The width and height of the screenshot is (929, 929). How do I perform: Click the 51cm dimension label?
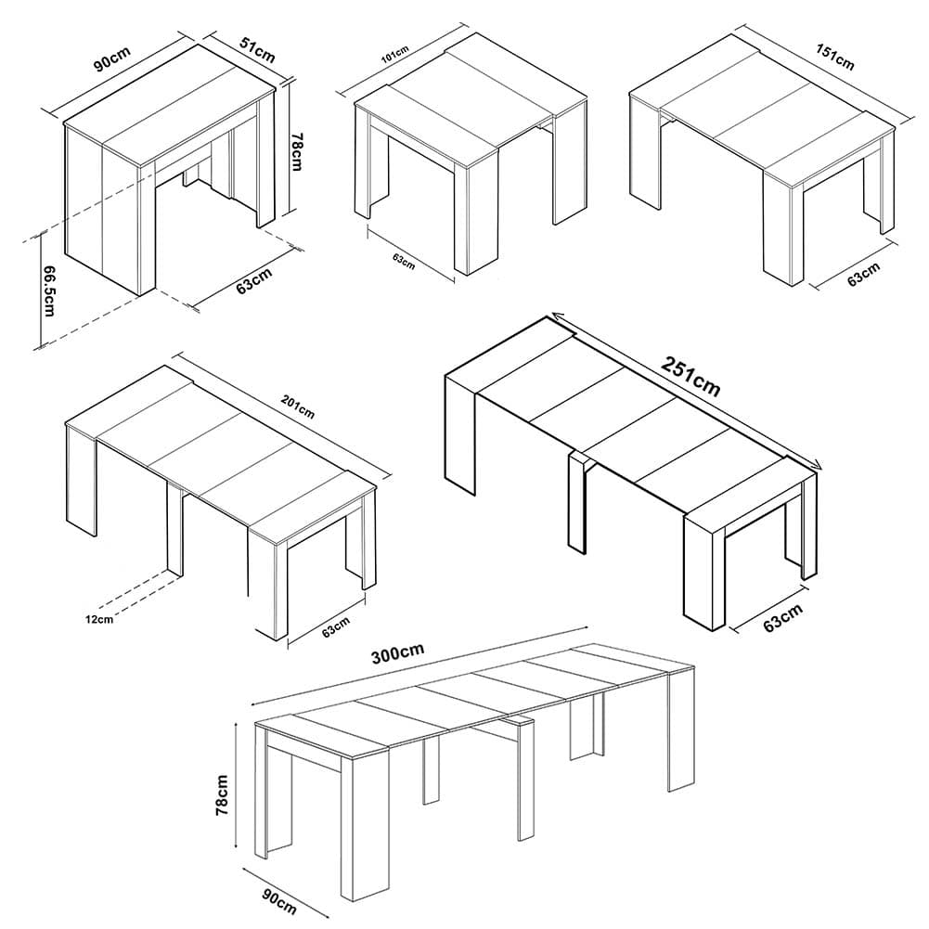pyautogui.click(x=258, y=50)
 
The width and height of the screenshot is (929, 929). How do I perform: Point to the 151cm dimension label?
pyautogui.click(x=835, y=57)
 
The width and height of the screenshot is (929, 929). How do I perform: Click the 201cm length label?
pyautogui.click(x=297, y=407)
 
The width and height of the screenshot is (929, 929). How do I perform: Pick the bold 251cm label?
pyautogui.click(x=690, y=377)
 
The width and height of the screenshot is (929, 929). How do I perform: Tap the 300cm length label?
pyautogui.click(x=397, y=654)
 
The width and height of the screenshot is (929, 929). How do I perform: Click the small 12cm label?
pyautogui.click(x=99, y=620)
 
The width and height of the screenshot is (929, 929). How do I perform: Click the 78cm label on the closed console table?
pyautogui.click(x=296, y=151)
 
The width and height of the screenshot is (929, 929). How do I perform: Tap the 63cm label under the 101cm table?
pyautogui.click(x=404, y=262)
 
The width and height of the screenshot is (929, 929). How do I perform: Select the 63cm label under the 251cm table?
pyautogui.click(x=782, y=618)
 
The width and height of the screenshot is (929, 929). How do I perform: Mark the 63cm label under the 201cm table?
pyautogui.click(x=336, y=627)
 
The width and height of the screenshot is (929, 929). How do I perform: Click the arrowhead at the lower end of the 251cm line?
pyautogui.click(x=817, y=466)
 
